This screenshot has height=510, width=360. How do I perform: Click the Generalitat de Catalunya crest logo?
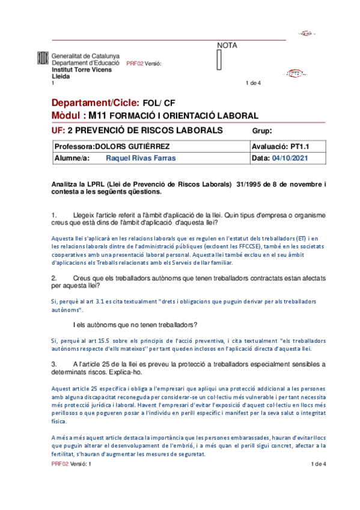[43, 59]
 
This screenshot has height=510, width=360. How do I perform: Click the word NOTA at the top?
[227, 45]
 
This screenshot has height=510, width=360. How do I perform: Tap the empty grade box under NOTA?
[219, 61]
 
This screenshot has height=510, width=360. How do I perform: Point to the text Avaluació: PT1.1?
[280, 146]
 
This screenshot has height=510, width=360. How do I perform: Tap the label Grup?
[262, 131]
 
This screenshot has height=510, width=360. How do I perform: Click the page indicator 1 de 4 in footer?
[318, 464]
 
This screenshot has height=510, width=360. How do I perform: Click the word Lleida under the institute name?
[61, 76]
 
